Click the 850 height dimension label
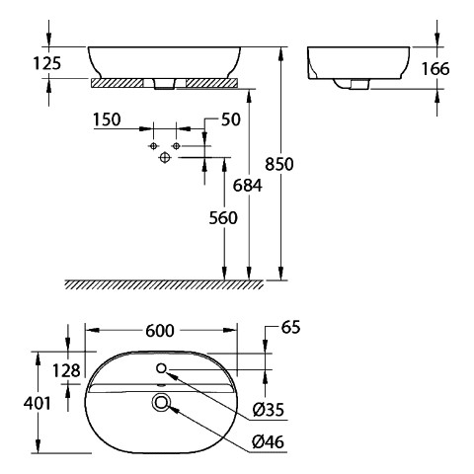coord(279,164)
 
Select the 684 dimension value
coord(248,186)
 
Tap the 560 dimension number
coord(223,218)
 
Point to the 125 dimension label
coord(47,63)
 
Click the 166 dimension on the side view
coord(435,69)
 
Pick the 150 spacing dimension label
coord(107,119)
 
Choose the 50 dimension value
coord(231,119)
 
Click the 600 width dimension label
coord(160,331)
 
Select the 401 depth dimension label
coord(38,403)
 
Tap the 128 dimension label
coord(66,371)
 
